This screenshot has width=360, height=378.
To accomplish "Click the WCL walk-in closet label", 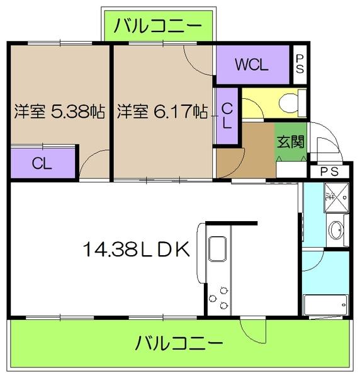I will [x=252, y=64].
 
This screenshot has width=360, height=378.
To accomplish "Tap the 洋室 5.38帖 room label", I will [x=60, y=112].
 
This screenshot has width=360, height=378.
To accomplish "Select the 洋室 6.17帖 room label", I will [x=162, y=112].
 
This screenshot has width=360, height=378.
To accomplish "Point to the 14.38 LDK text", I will [x=136, y=250].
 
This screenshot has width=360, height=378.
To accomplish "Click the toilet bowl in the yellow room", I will [x=288, y=101].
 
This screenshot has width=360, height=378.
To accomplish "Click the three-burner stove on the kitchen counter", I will [x=222, y=297].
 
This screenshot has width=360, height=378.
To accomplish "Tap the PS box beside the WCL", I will [x=300, y=64].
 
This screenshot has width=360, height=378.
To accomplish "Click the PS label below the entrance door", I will [x=329, y=171].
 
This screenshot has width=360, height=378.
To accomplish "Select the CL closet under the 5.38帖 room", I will [x=43, y=163].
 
